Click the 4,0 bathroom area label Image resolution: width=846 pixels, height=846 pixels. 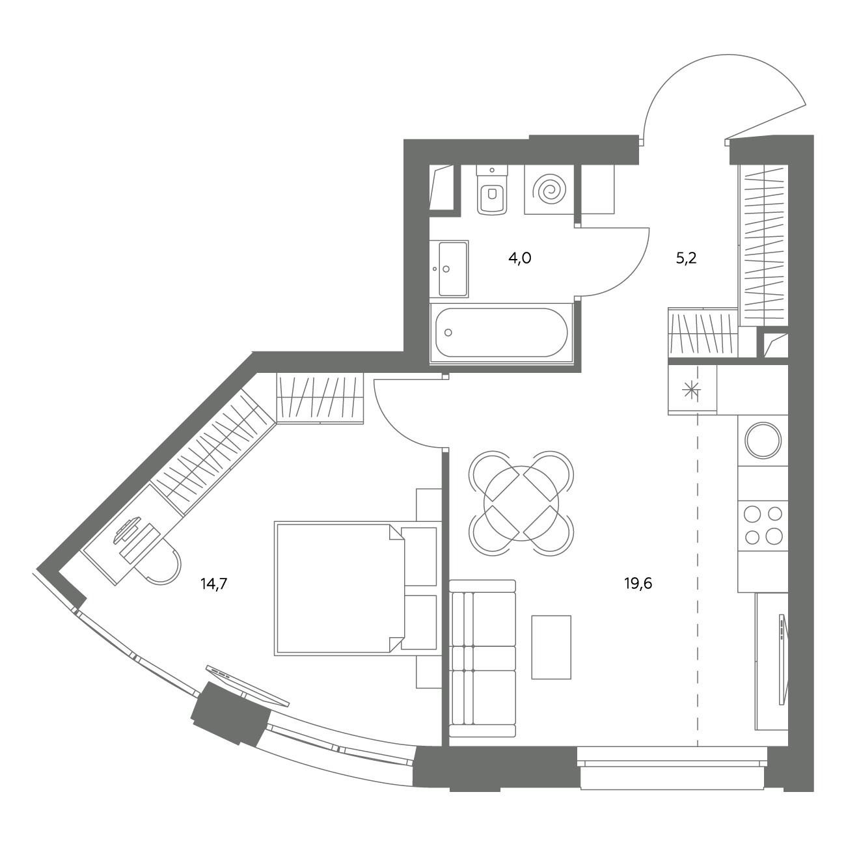(x=520, y=258)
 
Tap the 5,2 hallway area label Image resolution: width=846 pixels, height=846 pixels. (x=686, y=258)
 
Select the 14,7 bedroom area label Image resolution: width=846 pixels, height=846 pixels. (x=214, y=584)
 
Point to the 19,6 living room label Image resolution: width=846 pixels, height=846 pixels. (x=638, y=584)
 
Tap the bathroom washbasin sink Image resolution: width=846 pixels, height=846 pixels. (x=449, y=269)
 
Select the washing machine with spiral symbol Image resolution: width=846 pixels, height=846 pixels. (x=549, y=189)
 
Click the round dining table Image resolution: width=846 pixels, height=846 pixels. (x=521, y=504)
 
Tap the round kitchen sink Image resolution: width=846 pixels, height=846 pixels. (x=763, y=441)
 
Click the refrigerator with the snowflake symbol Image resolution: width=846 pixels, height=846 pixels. (x=692, y=390)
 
